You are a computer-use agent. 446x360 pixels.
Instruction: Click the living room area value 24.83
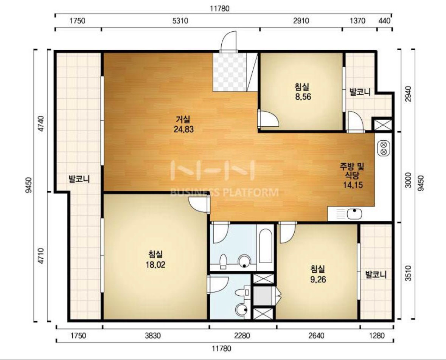pos(183,129)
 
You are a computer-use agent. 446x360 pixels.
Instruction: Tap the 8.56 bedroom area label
pos(303,97)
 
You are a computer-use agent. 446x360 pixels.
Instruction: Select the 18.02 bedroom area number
pos(155,265)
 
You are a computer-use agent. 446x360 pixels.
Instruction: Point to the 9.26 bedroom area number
pos(318,279)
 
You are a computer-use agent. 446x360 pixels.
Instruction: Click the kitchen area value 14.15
pos(353,185)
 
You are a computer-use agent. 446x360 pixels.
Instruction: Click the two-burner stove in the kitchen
pos(383,148)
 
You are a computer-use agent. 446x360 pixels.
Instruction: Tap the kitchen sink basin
pos(354,214)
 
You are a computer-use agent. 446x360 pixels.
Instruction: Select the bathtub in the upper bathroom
pos(266,246)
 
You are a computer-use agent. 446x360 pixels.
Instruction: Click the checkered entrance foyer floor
pos(230,72)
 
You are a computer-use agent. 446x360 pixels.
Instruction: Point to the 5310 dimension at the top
pos(180,21)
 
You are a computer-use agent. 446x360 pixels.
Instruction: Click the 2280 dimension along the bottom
pos(242,336)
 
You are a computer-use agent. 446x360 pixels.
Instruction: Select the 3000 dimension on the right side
pos(408,180)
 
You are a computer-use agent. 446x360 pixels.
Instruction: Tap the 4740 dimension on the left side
pos(41,124)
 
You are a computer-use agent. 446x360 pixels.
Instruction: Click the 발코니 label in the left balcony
pos(79,179)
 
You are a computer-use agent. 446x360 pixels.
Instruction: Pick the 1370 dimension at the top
pos(357,21)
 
